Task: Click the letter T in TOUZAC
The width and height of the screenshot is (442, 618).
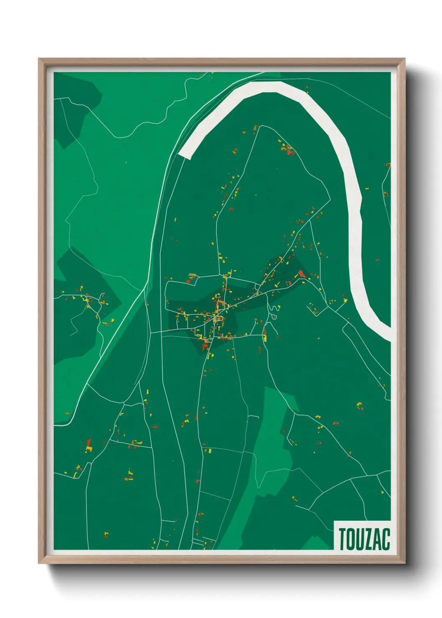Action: tap(343, 539)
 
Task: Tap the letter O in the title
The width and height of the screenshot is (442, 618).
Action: tap(352, 539)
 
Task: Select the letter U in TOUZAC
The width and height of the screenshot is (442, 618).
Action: tap(361, 539)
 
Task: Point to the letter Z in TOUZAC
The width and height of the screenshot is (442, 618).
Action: tap(370, 539)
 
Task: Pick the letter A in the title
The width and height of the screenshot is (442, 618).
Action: tap(378, 539)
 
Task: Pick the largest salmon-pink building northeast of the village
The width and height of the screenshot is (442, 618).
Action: tap(301, 274)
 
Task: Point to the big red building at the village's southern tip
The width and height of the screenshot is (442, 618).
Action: tap(205, 346)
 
